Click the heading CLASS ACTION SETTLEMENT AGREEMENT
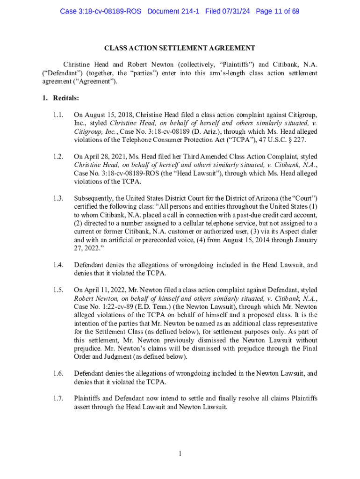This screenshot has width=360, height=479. (x=180, y=48)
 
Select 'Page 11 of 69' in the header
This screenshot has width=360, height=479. (x=278, y=11)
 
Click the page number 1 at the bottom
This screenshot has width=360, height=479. (x=180, y=453)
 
